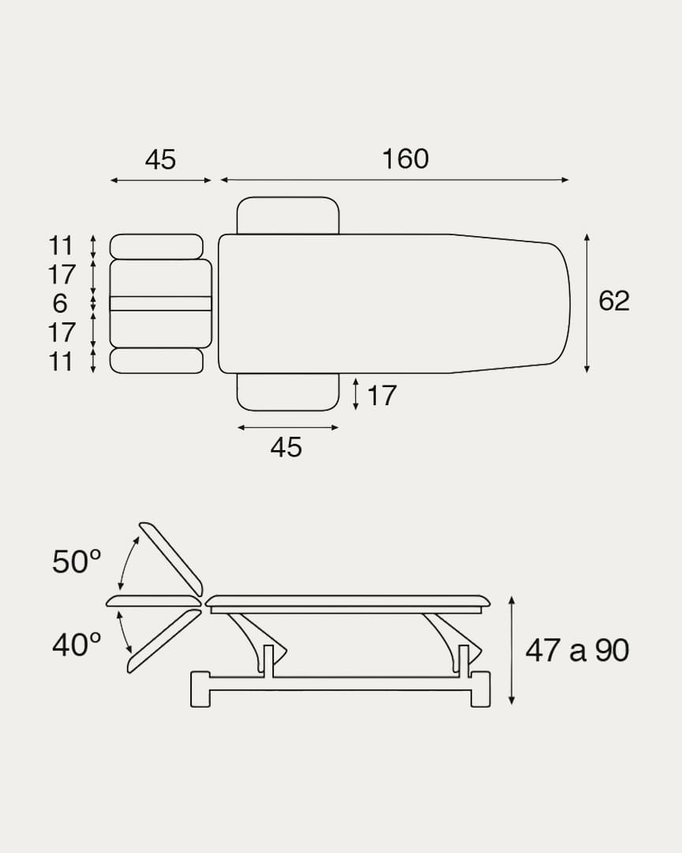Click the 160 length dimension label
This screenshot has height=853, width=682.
(x=405, y=159)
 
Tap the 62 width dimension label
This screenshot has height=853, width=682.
(x=614, y=301)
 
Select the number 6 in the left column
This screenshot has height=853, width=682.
(x=61, y=303)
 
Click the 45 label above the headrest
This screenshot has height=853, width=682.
(x=160, y=160)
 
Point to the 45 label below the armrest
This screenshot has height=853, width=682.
(x=286, y=448)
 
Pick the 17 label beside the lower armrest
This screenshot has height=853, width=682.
(x=382, y=396)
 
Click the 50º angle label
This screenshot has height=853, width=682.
(x=77, y=562)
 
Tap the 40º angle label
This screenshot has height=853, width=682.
(x=77, y=645)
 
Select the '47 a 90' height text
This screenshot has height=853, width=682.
(x=577, y=650)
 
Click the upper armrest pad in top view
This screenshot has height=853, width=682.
(x=288, y=216)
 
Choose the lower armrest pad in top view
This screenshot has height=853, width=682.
(x=288, y=392)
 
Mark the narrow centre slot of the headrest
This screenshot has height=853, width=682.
(x=160, y=303)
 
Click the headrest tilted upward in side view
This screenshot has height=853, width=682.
(x=171, y=558)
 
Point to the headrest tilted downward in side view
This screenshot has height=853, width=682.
(x=163, y=641)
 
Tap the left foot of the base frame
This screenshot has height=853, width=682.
(x=200, y=689)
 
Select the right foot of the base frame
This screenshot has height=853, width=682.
(x=480, y=689)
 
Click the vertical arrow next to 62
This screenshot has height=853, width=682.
(x=587, y=303)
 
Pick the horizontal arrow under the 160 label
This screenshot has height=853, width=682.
(x=394, y=180)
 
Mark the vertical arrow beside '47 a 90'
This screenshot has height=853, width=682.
(x=511, y=650)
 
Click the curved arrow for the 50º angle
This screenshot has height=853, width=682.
(x=126, y=562)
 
